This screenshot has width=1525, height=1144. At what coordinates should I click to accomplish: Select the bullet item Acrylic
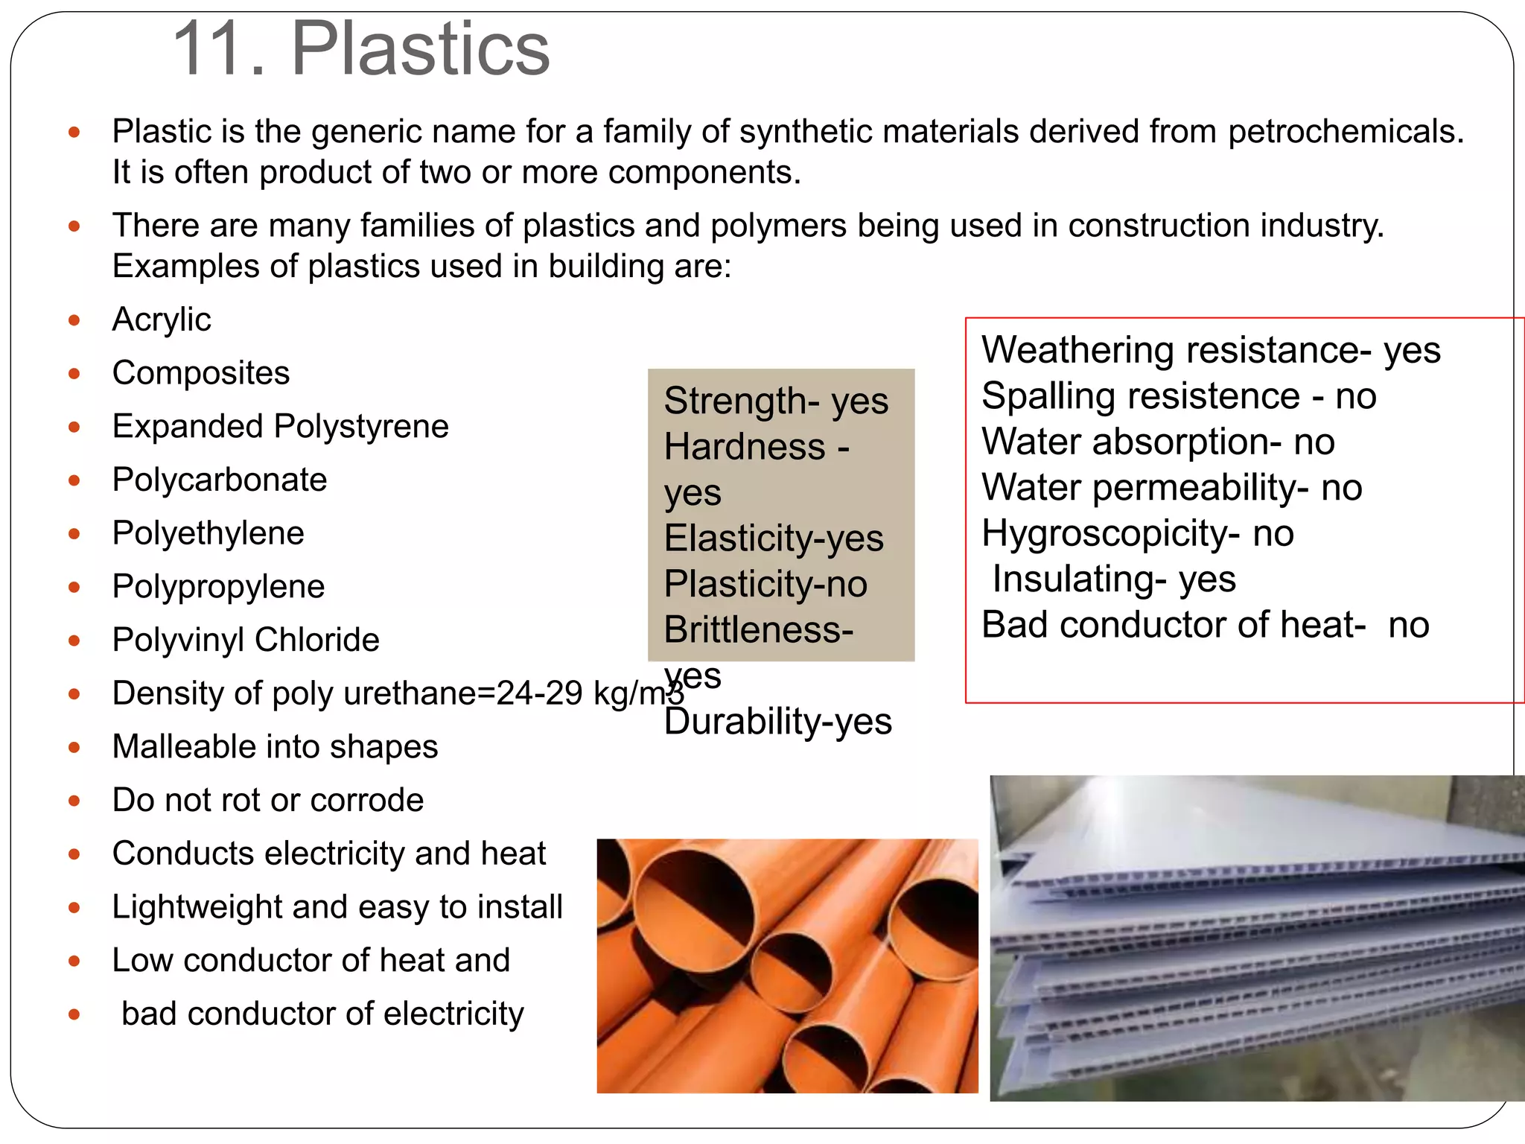(x=161, y=320)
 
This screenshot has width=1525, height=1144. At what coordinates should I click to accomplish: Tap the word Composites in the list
(x=200, y=373)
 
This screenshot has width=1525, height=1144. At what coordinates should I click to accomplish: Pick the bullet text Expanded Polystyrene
(x=280, y=427)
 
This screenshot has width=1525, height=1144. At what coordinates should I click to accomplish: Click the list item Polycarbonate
(x=219, y=480)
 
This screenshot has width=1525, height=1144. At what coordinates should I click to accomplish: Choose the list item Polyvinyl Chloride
(x=246, y=640)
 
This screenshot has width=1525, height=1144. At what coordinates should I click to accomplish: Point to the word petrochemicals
(x=1345, y=132)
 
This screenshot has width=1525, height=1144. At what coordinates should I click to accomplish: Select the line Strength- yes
(x=775, y=401)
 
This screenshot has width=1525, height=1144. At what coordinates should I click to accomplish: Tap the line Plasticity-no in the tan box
(x=765, y=585)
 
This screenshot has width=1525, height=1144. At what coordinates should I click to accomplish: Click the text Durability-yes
(x=777, y=722)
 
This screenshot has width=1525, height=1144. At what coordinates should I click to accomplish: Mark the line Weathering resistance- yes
(x=1210, y=350)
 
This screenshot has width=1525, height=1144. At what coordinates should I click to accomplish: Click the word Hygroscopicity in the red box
(x=1104, y=533)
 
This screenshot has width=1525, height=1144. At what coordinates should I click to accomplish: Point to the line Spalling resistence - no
(x=1178, y=396)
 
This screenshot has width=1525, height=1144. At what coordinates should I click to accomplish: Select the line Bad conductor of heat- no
(x=1204, y=625)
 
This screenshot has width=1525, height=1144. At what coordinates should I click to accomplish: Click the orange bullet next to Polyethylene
(x=74, y=534)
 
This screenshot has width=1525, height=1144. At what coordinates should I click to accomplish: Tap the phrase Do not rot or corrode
(x=267, y=800)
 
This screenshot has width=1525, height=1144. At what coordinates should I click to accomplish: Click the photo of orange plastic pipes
(x=787, y=966)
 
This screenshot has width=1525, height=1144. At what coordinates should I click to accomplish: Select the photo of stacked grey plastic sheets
(x=1256, y=938)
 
